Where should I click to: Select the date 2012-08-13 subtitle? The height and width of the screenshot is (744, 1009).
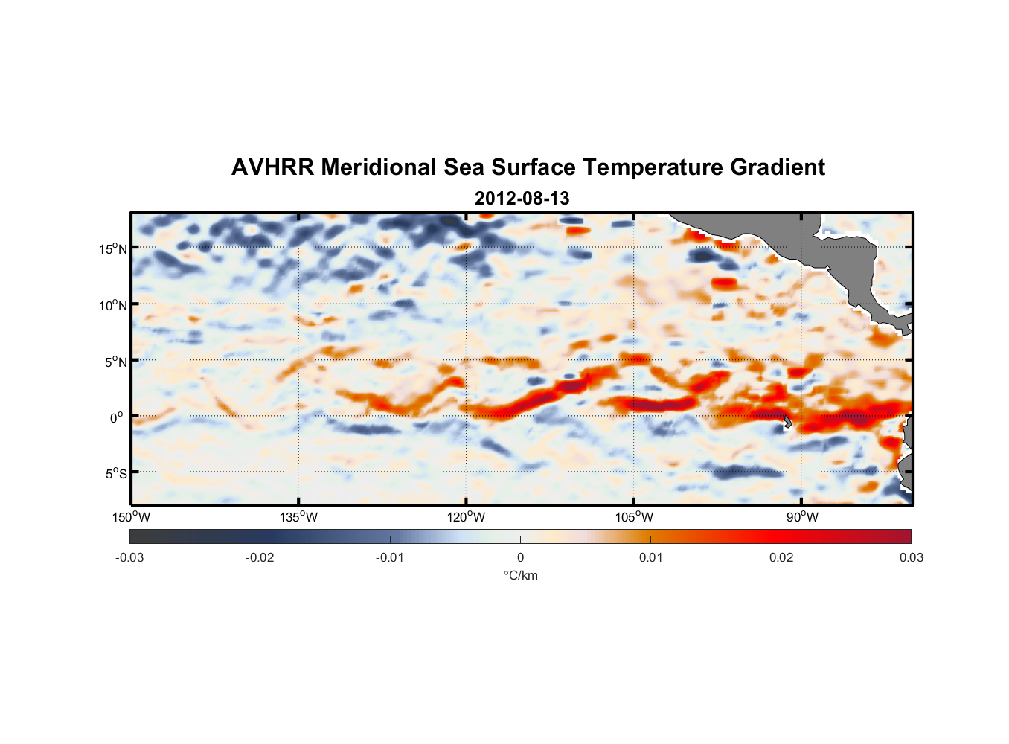click(522, 199)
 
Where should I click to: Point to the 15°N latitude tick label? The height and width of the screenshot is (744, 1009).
click(113, 248)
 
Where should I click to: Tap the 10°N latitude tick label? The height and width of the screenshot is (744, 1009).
click(113, 305)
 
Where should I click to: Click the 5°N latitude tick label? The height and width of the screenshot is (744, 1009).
click(115, 362)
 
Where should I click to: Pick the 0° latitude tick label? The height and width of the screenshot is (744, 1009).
click(117, 417)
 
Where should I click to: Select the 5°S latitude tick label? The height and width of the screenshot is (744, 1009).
click(115, 473)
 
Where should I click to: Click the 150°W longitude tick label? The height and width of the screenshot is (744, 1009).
click(131, 517)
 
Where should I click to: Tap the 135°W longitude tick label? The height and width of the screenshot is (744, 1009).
click(298, 517)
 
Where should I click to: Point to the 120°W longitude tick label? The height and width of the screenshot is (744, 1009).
click(466, 517)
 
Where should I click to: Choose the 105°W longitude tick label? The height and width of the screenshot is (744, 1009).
click(634, 517)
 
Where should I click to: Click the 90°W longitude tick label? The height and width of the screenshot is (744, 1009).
click(801, 517)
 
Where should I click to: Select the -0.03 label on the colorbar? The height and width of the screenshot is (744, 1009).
click(129, 557)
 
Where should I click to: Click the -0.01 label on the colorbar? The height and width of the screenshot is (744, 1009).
click(390, 557)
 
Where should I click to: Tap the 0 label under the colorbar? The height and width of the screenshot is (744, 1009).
click(520, 557)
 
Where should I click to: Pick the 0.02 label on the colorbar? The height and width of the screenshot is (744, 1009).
click(781, 557)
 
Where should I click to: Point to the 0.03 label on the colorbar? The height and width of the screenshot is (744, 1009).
click(911, 557)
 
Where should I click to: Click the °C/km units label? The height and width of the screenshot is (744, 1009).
click(520, 575)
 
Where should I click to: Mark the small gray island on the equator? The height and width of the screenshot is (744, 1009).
click(787, 422)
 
